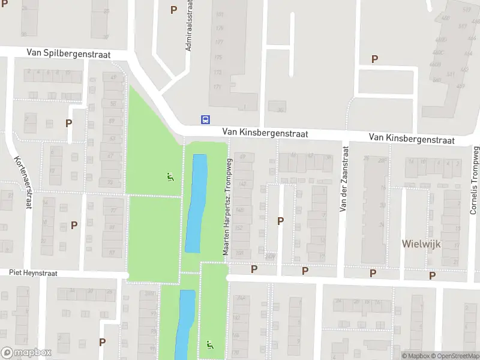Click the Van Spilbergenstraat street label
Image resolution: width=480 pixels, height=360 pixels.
tap(68, 53)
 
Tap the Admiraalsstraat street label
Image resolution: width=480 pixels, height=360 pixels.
tap(189, 25)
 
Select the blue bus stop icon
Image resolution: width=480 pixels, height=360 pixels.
tap(206, 119)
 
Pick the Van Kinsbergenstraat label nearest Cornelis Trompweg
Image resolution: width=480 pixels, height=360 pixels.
tap(412, 139)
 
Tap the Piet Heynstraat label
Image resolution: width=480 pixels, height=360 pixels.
tap(33, 272)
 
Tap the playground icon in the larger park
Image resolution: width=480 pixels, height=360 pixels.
tap(170, 177)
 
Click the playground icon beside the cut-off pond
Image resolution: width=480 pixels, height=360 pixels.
tap(209, 346)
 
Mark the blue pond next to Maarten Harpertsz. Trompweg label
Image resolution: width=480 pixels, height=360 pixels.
tap(196, 203)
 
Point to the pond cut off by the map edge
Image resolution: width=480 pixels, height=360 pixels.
tap(185, 324)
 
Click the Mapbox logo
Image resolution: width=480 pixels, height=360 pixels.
tap(26, 353)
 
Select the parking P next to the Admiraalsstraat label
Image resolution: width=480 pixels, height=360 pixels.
tap(174, 10)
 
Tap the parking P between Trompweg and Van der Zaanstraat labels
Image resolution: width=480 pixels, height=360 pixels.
tap(280, 221)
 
